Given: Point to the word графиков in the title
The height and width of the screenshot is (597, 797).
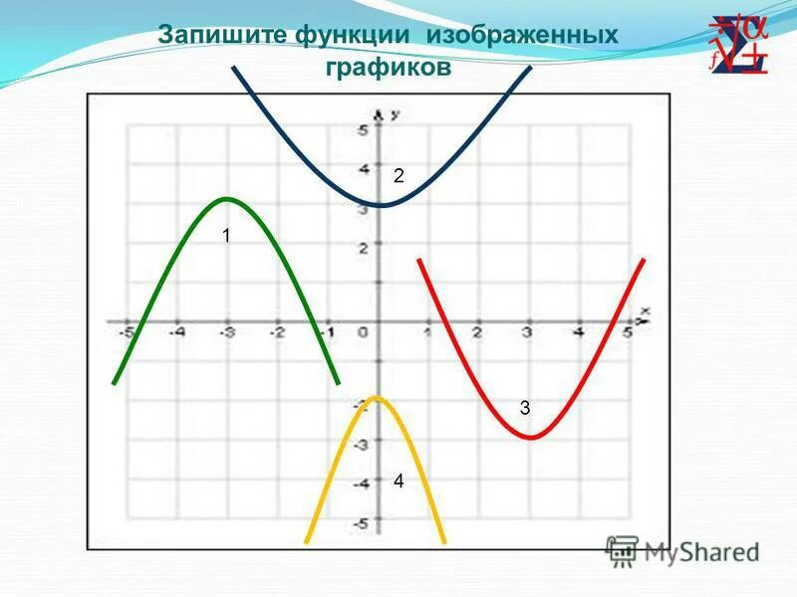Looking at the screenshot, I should [389, 68].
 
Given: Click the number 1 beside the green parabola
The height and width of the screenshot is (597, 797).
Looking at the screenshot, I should [226, 236].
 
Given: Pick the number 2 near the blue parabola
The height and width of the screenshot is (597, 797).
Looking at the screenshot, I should [398, 176].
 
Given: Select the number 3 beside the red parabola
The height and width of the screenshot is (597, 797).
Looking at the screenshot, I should [525, 407].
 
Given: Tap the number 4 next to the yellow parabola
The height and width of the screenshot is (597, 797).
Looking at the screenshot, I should [398, 481].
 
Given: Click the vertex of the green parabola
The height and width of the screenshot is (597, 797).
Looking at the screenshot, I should [227, 199].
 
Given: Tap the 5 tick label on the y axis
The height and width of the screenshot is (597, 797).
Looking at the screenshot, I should [365, 131].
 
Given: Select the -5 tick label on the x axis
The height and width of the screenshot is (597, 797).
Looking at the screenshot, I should [127, 333].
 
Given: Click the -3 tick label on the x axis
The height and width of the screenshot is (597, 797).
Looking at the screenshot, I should [227, 333].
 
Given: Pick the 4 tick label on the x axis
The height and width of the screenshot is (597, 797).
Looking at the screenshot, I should [578, 333].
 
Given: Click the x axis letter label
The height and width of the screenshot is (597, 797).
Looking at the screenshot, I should [645, 311].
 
